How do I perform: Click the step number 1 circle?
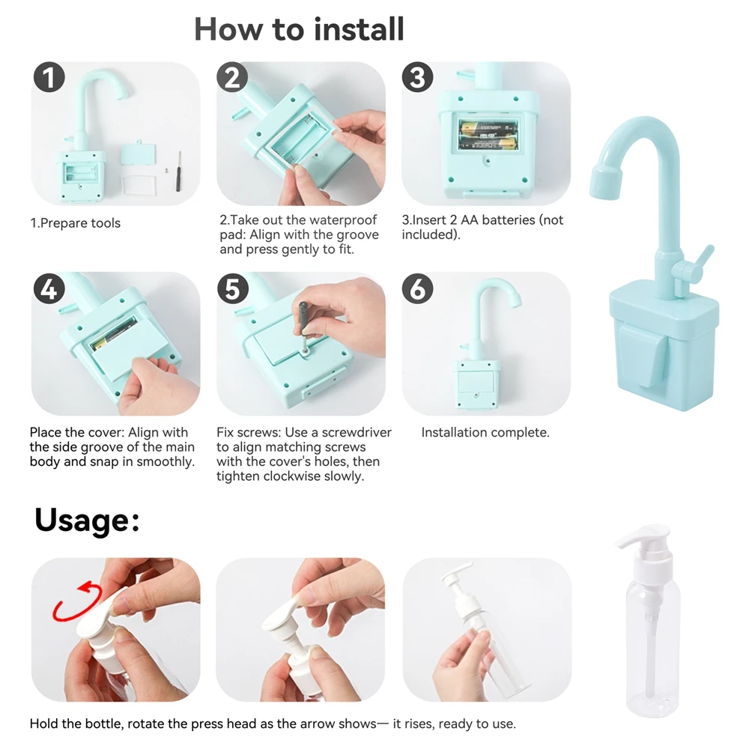tap(49, 77)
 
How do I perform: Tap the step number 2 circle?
tap(232, 77)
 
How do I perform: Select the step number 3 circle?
tap(417, 77)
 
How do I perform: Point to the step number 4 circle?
tap(49, 289)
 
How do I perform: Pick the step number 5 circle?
tap(233, 289)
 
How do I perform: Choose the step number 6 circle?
tap(417, 289)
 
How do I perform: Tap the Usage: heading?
tap(87, 521)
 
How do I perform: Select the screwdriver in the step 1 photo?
tap(179, 172)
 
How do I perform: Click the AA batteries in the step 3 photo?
tap(488, 136)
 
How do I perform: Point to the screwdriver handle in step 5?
tap(302, 317)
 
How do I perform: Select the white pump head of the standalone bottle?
tap(645, 544)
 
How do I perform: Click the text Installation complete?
tap(485, 433)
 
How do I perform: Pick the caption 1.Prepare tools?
tap(76, 223)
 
